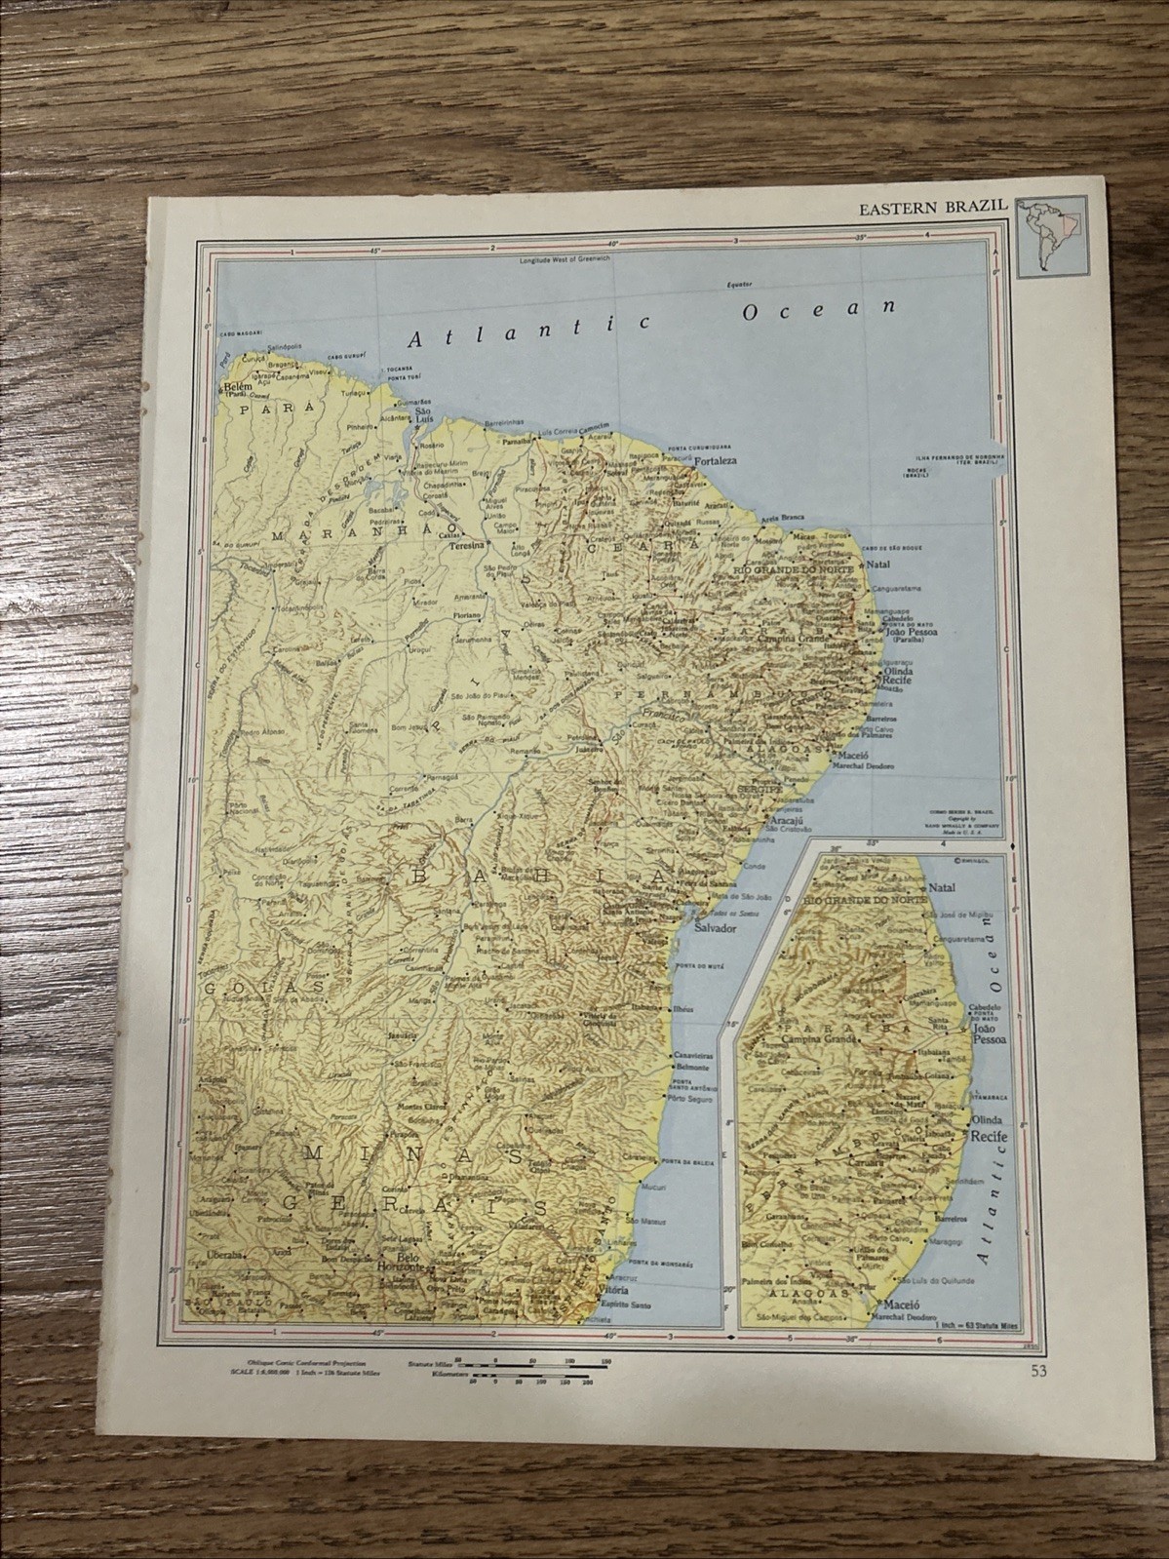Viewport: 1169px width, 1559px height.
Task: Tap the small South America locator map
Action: point(1046,234)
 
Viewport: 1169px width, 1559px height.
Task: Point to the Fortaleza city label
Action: point(715,460)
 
